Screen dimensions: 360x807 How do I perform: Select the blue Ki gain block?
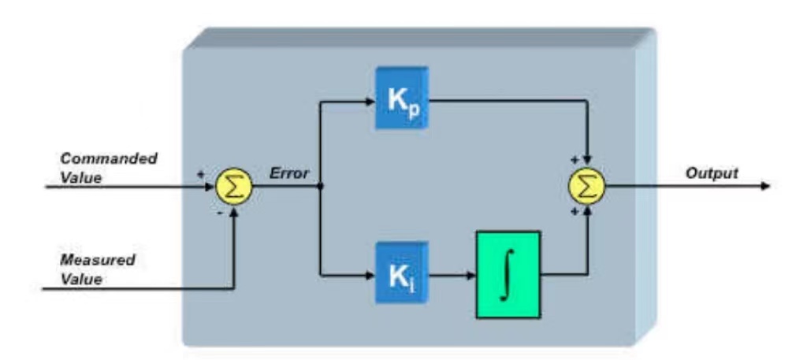click(400, 275)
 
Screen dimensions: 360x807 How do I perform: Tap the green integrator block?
click(508, 274)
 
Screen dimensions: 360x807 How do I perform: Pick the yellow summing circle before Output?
click(586, 187)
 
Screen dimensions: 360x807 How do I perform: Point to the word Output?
click(712, 174)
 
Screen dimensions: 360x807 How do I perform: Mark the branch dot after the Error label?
click(320, 187)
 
